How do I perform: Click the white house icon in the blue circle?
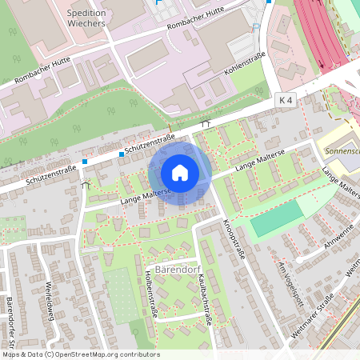coord(180,172)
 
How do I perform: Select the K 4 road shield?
coord(287,100)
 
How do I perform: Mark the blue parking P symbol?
coord(256,27)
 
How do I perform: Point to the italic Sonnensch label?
coord(338,150)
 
